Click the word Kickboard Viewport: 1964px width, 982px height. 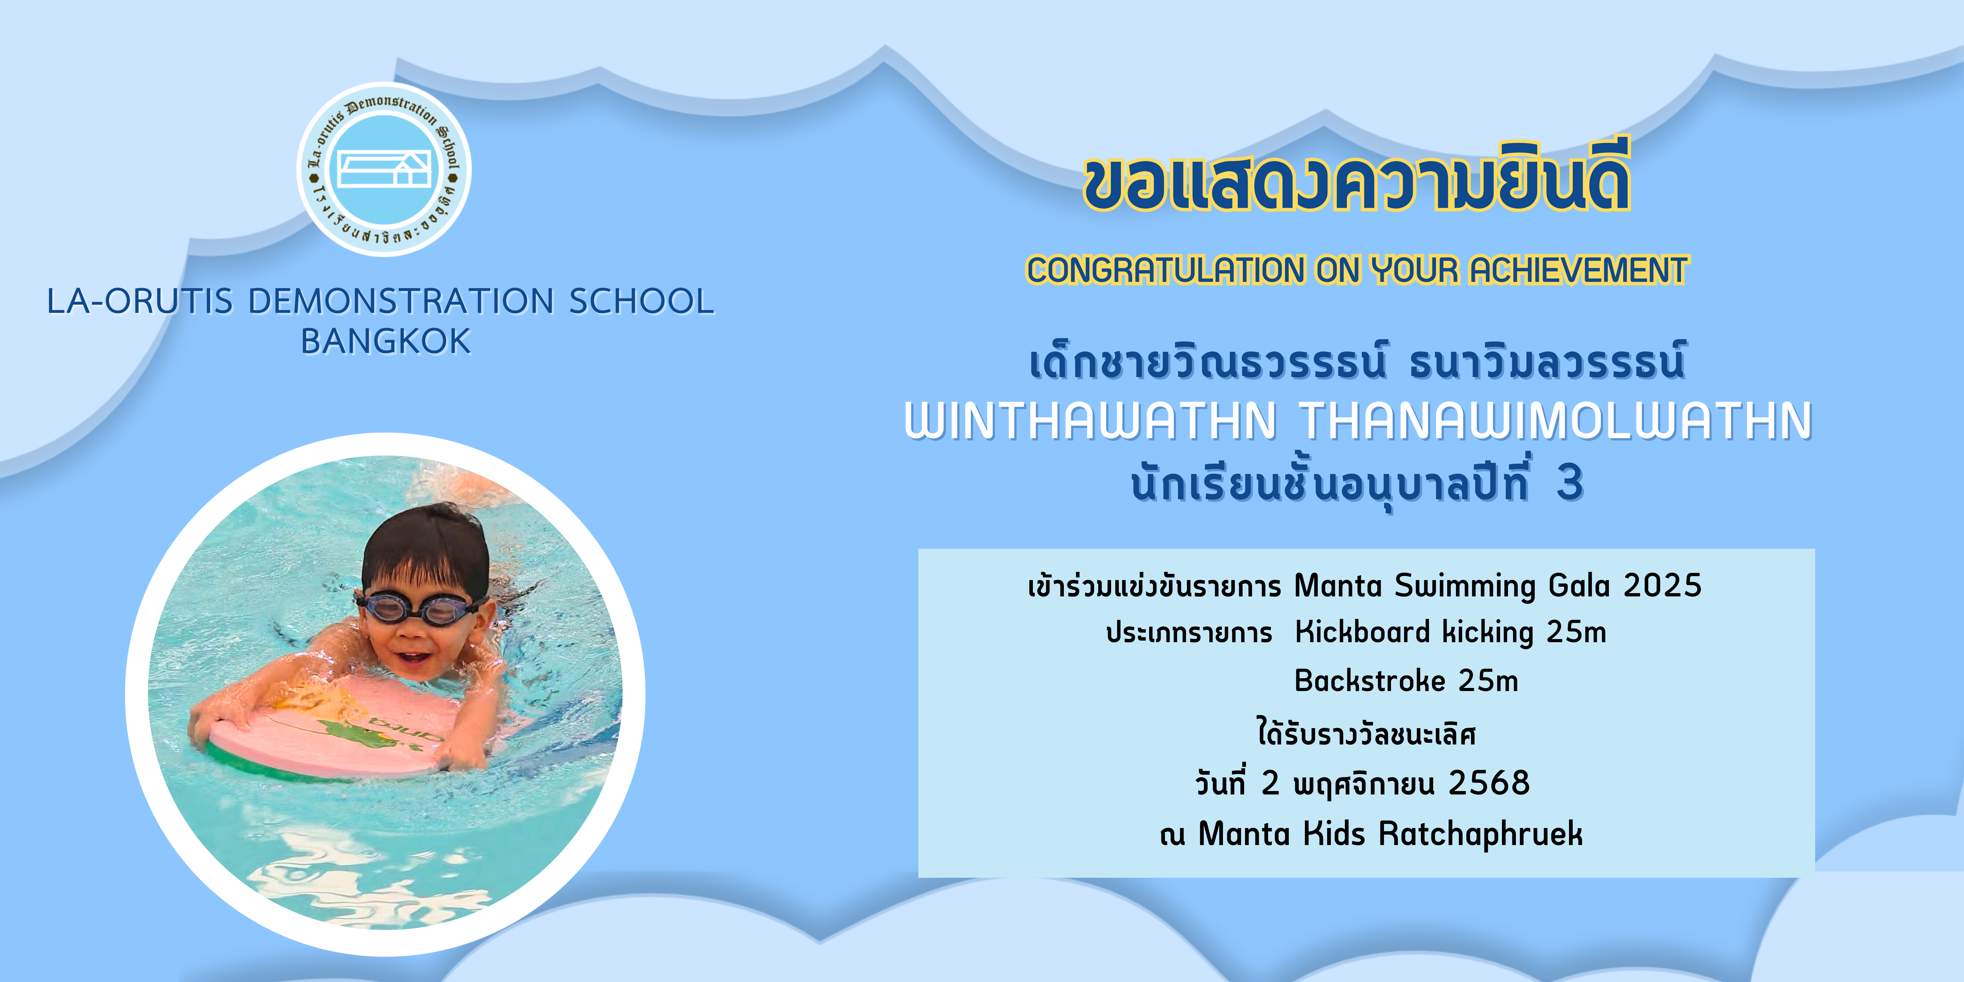[x=1362, y=632]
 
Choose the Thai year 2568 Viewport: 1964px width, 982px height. [x=1489, y=783]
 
